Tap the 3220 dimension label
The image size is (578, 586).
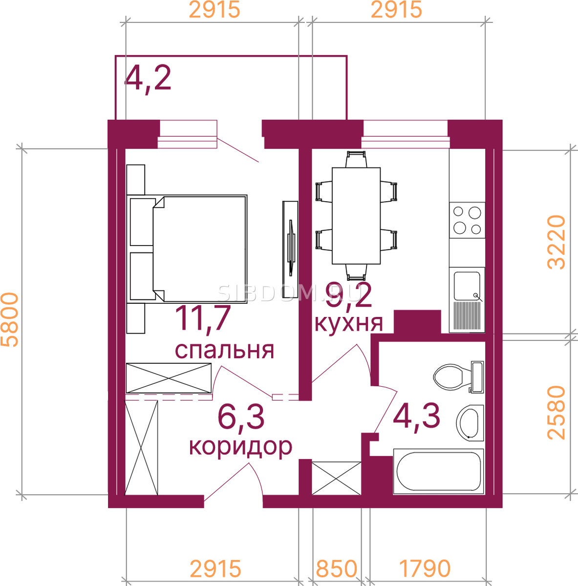click(556, 242)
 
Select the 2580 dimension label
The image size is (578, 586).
click(556, 413)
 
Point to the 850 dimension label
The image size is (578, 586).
click(336, 568)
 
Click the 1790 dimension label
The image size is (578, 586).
click(424, 568)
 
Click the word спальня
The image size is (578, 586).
click(224, 351)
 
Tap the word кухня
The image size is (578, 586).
click(348, 324)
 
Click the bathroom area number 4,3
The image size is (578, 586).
click(416, 416)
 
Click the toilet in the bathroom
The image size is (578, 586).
click(458, 377)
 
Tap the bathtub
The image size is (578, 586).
click(439, 471)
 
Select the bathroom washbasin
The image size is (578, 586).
click(470, 423)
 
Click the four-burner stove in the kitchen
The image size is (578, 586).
click(467, 220)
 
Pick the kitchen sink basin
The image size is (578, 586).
click(467, 286)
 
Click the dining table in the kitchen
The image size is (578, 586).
click(356, 216)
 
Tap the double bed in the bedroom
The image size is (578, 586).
click(187, 249)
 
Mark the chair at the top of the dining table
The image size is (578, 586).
click(356, 159)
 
